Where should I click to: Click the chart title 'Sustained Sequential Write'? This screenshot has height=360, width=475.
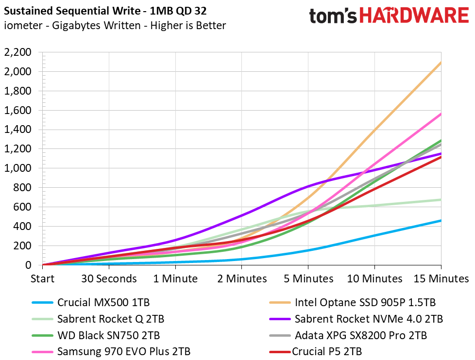tap(72, 11)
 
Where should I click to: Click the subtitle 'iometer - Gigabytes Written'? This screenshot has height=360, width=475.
tap(72, 25)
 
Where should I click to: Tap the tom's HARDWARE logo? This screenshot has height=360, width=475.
tap(389, 16)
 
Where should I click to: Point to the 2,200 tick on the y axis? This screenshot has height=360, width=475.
tap(17, 52)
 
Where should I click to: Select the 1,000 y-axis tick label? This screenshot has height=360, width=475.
tap(17, 168)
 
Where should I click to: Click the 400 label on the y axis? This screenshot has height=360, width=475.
tap(22, 226)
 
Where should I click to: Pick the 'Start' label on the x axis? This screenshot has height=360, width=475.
tap(42, 278)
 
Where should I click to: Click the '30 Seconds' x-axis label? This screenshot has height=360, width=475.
tap(109, 278)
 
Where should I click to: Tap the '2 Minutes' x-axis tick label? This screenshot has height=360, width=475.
tap(242, 278)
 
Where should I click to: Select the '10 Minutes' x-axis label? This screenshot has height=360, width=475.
tap(374, 278)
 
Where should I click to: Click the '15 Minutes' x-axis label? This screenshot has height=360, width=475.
tap(441, 278)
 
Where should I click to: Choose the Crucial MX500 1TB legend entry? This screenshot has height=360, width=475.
tap(91, 303)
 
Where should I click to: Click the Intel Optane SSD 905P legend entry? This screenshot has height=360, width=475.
tap(352, 303)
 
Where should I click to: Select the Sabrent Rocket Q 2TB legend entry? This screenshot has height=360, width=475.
tap(98, 319)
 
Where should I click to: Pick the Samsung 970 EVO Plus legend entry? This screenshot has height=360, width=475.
tap(111, 352)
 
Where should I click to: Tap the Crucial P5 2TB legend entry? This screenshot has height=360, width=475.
tap(315, 352)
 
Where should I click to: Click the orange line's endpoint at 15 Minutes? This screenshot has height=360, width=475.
tap(441, 62)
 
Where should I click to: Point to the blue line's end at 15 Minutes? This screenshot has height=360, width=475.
tap(441, 221)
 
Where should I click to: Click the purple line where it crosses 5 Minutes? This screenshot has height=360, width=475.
tap(308, 186)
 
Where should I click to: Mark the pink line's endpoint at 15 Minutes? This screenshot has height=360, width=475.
tap(441, 114)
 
